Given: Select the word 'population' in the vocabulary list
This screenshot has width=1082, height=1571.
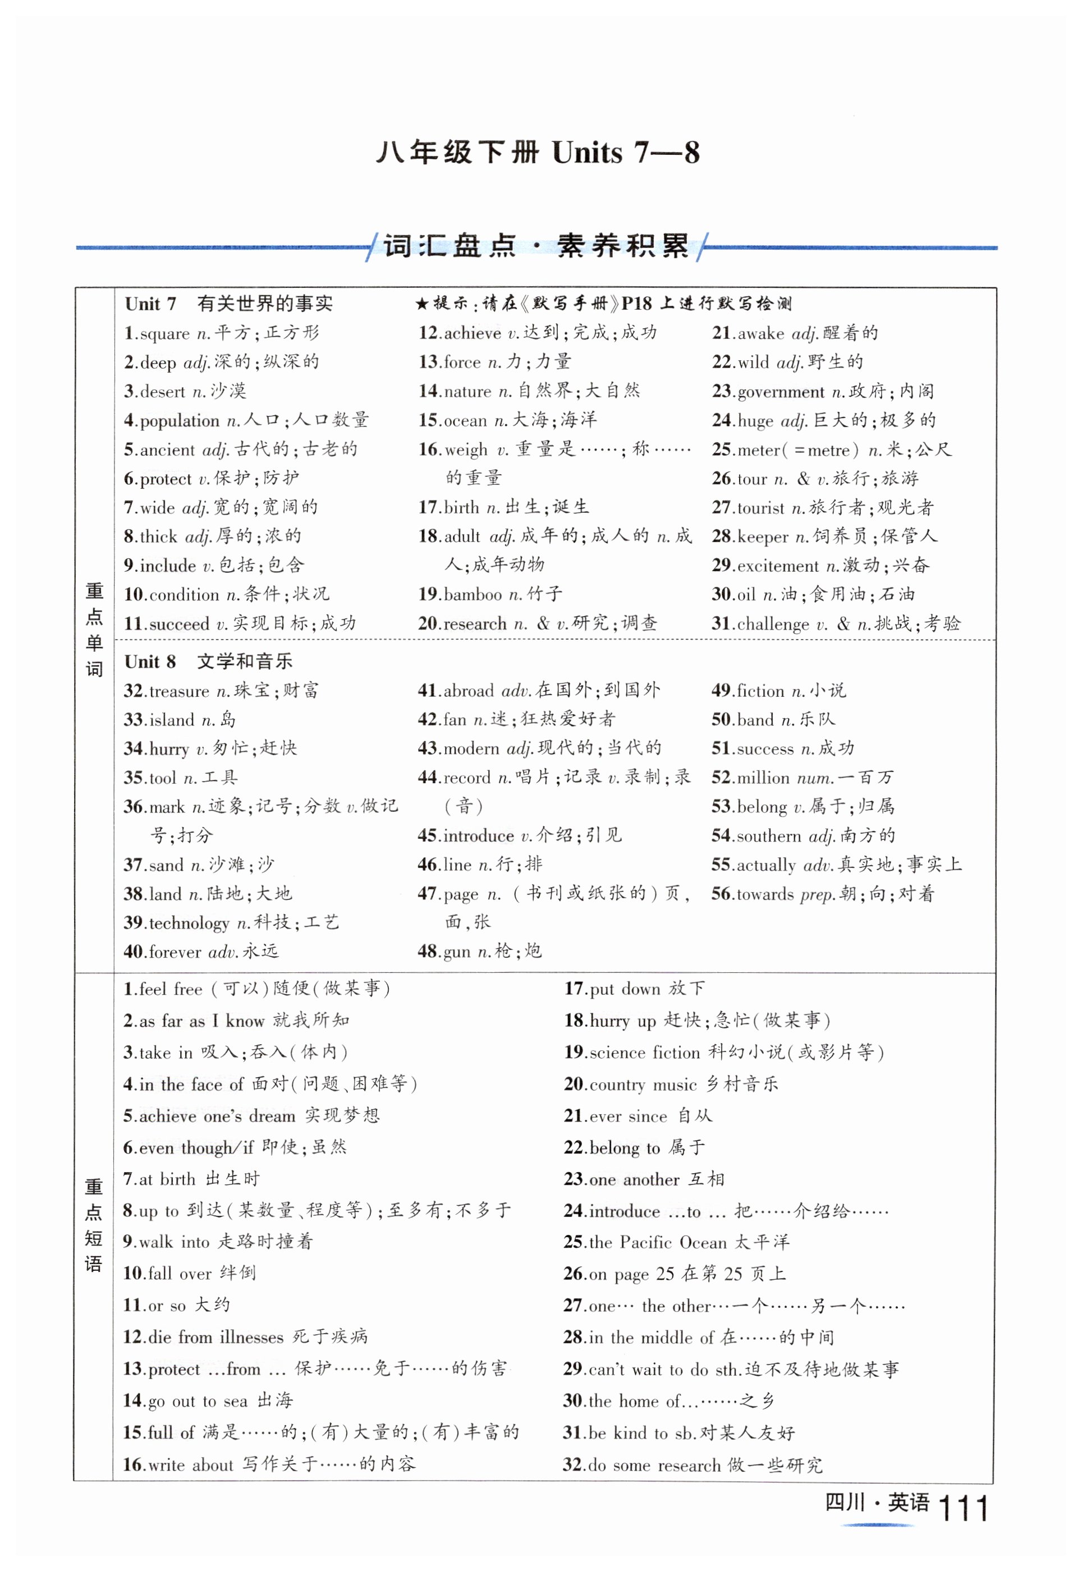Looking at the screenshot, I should coord(181,421).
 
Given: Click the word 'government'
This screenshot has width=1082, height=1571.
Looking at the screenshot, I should coord(782,392).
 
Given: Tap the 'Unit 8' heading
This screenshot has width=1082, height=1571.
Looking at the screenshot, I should coord(150,662).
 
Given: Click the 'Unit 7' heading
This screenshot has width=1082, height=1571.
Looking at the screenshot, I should coord(150,304).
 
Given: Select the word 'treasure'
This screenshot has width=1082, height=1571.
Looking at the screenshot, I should coord(180,691).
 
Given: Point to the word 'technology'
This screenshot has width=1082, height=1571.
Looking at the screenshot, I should coord(189,923).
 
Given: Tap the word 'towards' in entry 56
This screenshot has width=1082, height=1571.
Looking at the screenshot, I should coord(765,894).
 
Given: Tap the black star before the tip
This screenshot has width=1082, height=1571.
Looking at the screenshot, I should coord(421,304).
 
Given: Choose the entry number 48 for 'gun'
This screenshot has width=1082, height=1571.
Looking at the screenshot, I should coord(428,952).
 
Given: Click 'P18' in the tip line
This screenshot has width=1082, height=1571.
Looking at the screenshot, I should coord(636,304).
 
